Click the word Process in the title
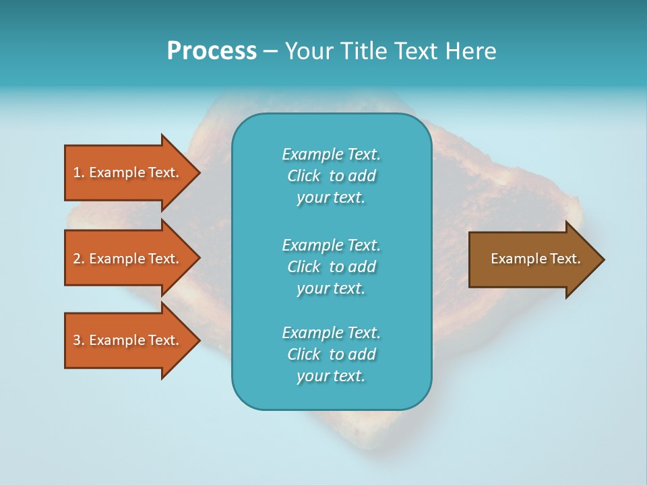(x=212, y=51)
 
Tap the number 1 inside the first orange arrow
(x=77, y=172)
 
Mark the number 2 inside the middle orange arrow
(x=77, y=259)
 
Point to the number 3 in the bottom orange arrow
(x=77, y=340)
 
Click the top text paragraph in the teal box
(x=331, y=176)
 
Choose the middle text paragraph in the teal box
(x=331, y=266)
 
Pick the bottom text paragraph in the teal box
(x=331, y=354)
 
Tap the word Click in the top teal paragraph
(x=304, y=176)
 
